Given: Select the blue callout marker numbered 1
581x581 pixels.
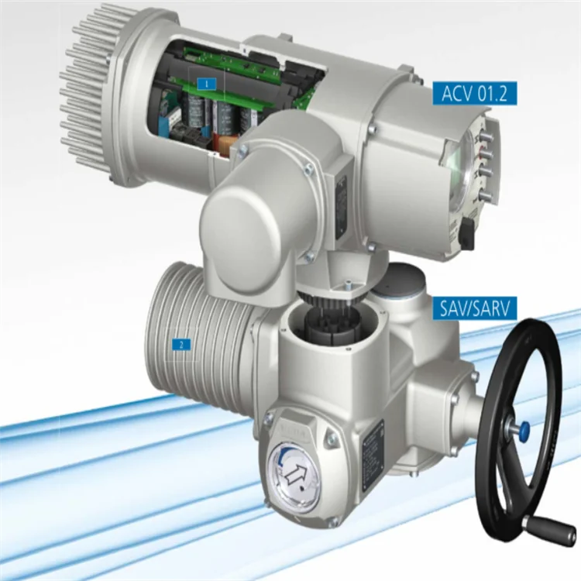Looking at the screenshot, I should (x=205, y=81).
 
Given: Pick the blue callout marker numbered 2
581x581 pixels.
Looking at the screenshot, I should (x=181, y=345).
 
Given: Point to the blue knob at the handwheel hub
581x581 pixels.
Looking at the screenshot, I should (x=524, y=428).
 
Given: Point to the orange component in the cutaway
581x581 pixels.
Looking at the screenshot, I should (x=225, y=144).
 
